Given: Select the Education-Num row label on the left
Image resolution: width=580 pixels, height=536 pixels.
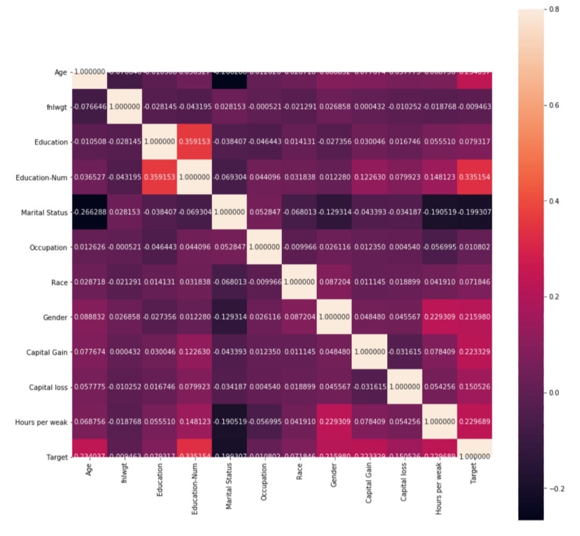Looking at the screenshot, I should click(x=42, y=177).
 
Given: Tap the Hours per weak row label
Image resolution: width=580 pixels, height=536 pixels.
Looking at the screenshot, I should click(x=41, y=422).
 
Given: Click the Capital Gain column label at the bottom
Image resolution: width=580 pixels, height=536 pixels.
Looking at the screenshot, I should click(x=369, y=483).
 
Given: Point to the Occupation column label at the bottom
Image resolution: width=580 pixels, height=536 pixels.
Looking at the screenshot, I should click(x=264, y=482).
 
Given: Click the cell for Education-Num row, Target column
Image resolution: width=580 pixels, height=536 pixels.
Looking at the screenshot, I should click(x=474, y=177).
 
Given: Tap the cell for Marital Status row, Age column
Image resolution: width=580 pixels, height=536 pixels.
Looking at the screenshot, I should click(x=89, y=212).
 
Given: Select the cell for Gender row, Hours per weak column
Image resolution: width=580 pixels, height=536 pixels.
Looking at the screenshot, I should click(x=439, y=317).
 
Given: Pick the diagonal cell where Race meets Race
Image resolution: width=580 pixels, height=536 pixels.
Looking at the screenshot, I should click(x=299, y=282).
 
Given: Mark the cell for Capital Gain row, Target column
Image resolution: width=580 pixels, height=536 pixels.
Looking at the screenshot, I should click(x=474, y=352).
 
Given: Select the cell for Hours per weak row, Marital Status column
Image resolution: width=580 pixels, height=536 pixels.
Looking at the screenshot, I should click(x=229, y=422).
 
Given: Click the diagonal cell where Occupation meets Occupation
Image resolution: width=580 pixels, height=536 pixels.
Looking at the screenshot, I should click(x=264, y=247).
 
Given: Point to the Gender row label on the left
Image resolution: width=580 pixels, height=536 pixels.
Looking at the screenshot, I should click(x=56, y=317).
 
